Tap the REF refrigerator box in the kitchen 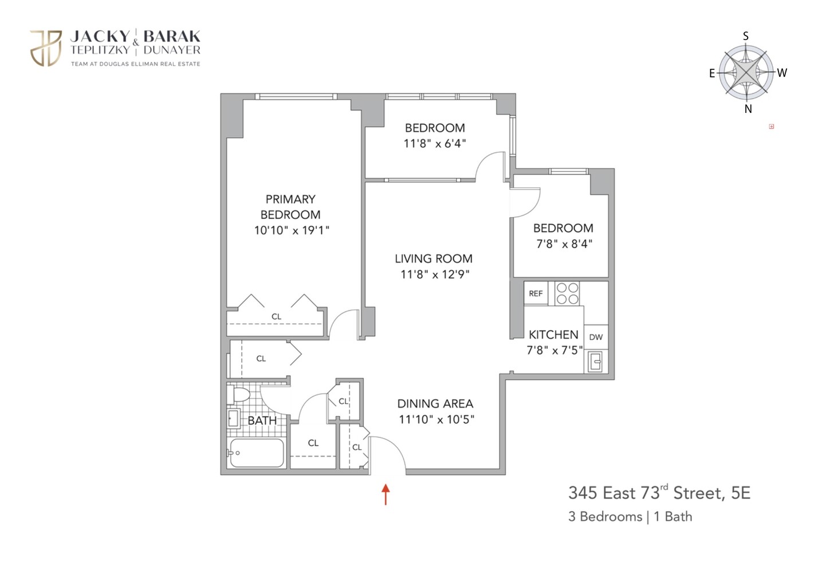tap(536, 293)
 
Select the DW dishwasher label tap(596, 337)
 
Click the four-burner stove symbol tap(568, 293)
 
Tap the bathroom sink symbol tap(233, 419)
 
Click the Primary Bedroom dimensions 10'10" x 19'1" tap(292, 230)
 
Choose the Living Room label tap(434, 258)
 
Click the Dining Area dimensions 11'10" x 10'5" tap(436, 419)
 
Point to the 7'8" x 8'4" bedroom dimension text tap(564, 244)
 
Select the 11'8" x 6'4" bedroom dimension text tap(435, 143)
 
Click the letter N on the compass tap(748, 109)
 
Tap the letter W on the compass tap(782, 73)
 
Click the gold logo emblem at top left tap(46, 48)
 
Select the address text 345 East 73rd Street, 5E tap(659, 493)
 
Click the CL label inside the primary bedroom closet tap(277, 316)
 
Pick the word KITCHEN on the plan tap(553, 335)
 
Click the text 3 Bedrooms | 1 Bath tap(630, 517)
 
